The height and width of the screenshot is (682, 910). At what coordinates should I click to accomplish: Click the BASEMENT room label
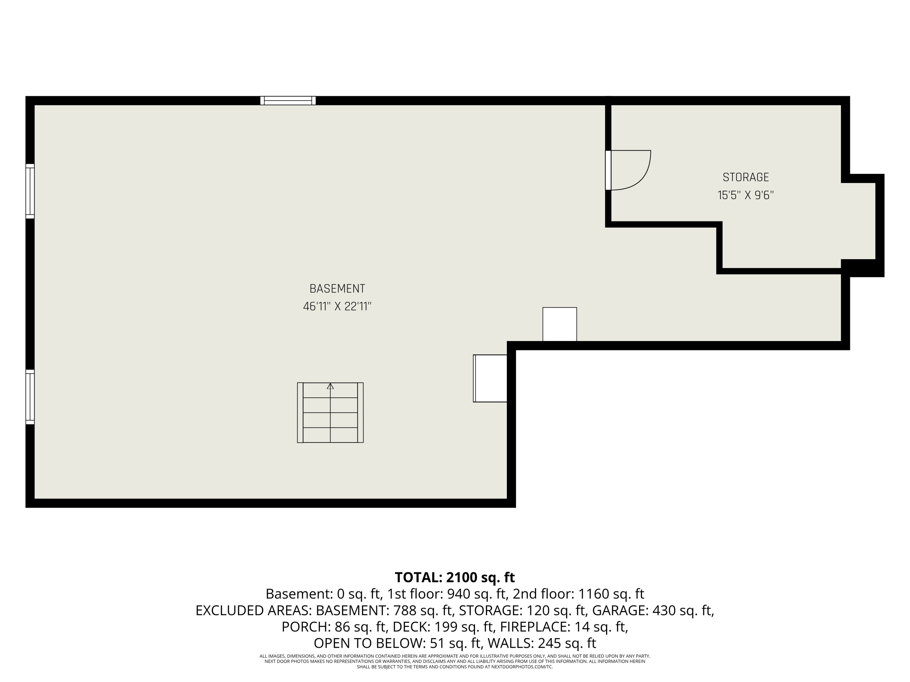pyautogui.click(x=337, y=289)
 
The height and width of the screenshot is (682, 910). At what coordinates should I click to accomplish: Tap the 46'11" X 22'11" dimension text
pyautogui.click(x=337, y=307)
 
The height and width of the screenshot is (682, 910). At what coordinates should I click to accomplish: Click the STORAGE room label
pyautogui.click(x=746, y=177)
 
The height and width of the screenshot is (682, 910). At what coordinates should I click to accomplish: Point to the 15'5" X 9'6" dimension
pyautogui.click(x=746, y=195)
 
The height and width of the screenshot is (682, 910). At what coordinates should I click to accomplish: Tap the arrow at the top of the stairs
pyautogui.click(x=330, y=386)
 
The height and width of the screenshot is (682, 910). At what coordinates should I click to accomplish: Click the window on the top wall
pyautogui.click(x=288, y=101)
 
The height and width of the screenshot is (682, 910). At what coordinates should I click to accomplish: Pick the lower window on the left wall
pyautogui.click(x=30, y=397)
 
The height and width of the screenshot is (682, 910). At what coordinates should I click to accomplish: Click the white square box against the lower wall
pyautogui.click(x=559, y=324)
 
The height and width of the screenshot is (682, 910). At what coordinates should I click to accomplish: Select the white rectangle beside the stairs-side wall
pyautogui.click(x=490, y=378)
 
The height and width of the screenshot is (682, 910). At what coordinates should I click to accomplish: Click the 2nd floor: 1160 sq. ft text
pyautogui.click(x=578, y=594)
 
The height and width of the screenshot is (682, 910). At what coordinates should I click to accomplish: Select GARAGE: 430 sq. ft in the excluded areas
pyautogui.click(x=652, y=610)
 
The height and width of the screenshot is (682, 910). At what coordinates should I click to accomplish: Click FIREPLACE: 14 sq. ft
pyautogui.click(x=564, y=627)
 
